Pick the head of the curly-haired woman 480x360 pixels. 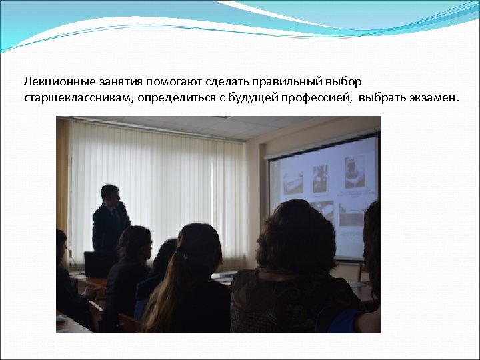[x=294, y=233]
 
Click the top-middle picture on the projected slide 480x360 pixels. [x=321, y=179]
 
